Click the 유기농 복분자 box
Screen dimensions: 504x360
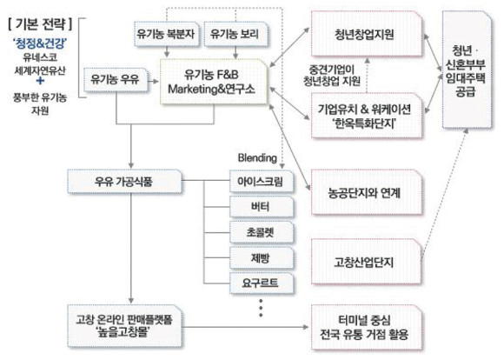tap(167, 34)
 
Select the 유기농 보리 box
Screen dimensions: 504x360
tap(235, 34)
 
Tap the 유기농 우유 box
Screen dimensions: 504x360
tap(116, 79)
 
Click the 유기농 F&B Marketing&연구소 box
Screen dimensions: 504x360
tap(214, 82)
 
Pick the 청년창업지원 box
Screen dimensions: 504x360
tap(367, 34)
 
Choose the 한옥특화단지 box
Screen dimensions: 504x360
tap(367, 116)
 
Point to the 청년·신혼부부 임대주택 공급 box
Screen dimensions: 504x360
tap(467, 70)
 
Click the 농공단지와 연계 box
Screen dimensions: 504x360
tap(367, 192)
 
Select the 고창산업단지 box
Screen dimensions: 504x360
tap(367, 262)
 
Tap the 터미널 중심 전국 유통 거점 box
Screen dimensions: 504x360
tap(367, 328)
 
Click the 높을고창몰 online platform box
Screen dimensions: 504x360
tap(124, 326)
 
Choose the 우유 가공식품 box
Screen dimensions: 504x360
tap(124, 182)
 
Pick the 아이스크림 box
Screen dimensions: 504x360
tap(262, 182)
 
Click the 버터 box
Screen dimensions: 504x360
tap(262, 207)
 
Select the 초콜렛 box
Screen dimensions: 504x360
tap(262, 232)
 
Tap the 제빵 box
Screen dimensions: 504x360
tap(262, 257)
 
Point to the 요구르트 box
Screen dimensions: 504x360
tap(262, 283)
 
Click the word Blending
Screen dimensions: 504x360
tap(257, 158)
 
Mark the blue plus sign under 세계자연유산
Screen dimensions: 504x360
tap(40, 80)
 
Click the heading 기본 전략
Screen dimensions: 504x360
tap(40, 23)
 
